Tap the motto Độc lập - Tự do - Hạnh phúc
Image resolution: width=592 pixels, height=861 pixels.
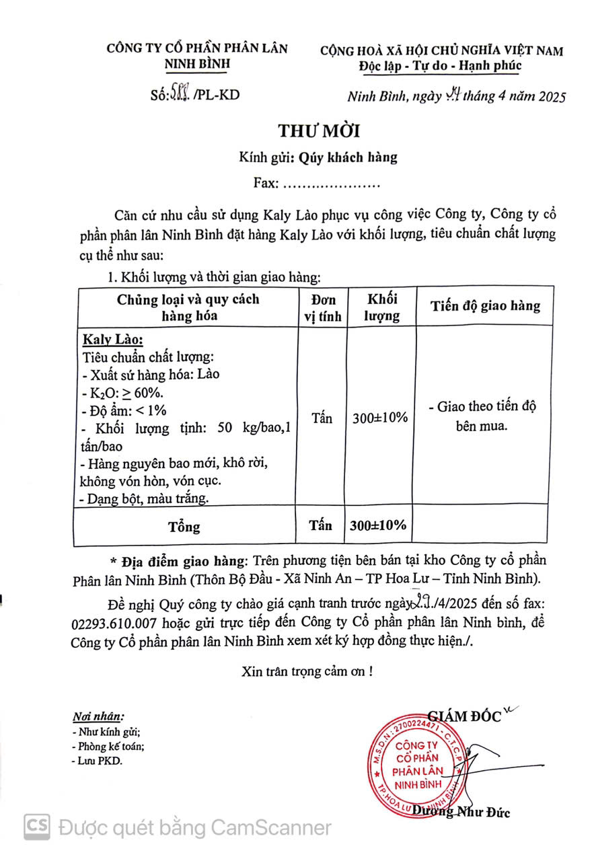click(x=440, y=65)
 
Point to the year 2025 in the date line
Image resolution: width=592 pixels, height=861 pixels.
click(x=550, y=96)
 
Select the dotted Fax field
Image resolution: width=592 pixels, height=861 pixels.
click(x=330, y=183)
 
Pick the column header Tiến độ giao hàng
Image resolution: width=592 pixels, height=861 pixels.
click(x=485, y=306)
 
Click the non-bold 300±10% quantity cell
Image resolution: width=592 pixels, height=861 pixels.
click(x=381, y=418)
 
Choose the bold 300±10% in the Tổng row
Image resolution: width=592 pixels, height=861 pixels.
click(x=380, y=525)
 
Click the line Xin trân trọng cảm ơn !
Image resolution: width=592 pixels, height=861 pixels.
click(x=307, y=671)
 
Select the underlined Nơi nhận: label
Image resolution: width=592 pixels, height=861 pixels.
click(x=98, y=717)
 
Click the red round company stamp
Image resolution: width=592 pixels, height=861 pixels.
click(x=417, y=765)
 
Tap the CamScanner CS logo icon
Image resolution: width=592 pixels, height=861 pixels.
click(x=38, y=827)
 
